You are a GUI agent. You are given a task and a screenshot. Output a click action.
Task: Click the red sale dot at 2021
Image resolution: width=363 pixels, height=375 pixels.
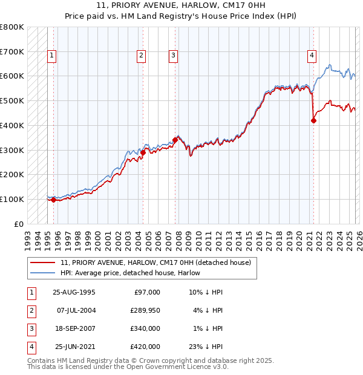coord(313,120)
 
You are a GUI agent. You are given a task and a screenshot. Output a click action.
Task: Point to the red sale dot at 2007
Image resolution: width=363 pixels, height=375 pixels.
coord(175,140)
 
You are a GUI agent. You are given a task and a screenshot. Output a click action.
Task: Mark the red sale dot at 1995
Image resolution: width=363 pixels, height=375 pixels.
coord(54,200)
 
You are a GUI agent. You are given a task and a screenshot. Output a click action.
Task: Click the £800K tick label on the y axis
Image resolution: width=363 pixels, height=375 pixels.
coord(12,27)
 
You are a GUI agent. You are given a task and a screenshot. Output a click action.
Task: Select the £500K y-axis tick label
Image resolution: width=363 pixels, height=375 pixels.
coord(12,101)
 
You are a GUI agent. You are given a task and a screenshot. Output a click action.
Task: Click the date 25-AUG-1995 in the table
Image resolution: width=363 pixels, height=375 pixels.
coord(74,292)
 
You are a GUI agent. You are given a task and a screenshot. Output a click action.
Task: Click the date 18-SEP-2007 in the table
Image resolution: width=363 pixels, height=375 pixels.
coord(74,328)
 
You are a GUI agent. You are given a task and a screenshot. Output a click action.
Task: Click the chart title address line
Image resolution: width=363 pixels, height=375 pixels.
coord(181,7)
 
